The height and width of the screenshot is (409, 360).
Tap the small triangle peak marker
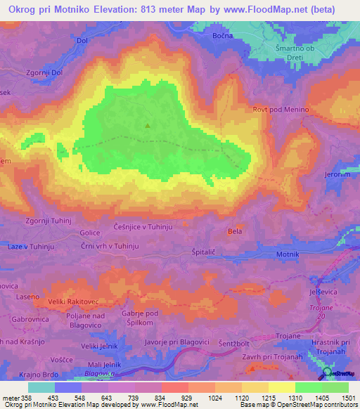[148, 126]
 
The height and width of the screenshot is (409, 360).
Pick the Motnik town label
[288, 253]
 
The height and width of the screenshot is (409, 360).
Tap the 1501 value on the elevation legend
[341, 397]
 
